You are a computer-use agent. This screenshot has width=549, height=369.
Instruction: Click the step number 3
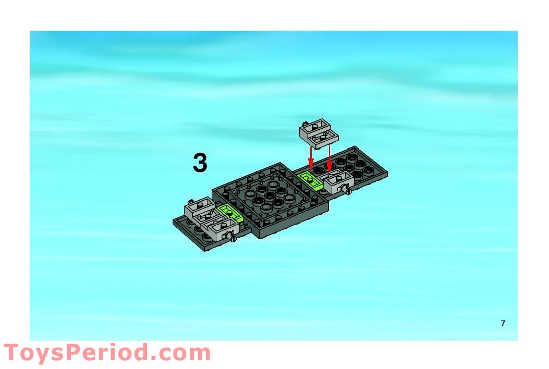click(200, 163)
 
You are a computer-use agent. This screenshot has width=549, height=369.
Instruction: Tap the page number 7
click(503, 323)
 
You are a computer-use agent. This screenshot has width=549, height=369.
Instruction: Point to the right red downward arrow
click(329, 158)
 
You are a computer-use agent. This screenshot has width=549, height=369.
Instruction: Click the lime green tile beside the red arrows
click(310, 181)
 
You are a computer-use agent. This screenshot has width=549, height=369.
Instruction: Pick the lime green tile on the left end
click(230, 213)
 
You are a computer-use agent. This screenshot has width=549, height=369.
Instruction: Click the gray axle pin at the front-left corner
click(231, 237)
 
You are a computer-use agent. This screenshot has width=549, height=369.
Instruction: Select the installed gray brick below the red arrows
click(338, 181)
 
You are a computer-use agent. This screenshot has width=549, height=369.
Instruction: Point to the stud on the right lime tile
click(309, 180)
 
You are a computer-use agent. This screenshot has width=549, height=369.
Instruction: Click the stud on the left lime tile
click(228, 212)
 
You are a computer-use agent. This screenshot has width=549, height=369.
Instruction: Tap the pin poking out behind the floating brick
click(306, 123)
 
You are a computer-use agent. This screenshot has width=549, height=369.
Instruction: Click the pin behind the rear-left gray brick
click(190, 201)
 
